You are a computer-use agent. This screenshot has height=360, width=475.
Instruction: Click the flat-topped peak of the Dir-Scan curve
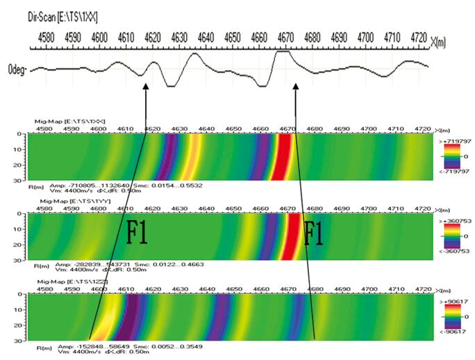click(x=283, y=52)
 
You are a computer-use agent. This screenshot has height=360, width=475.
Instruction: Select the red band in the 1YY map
click(x=290, y=236)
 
